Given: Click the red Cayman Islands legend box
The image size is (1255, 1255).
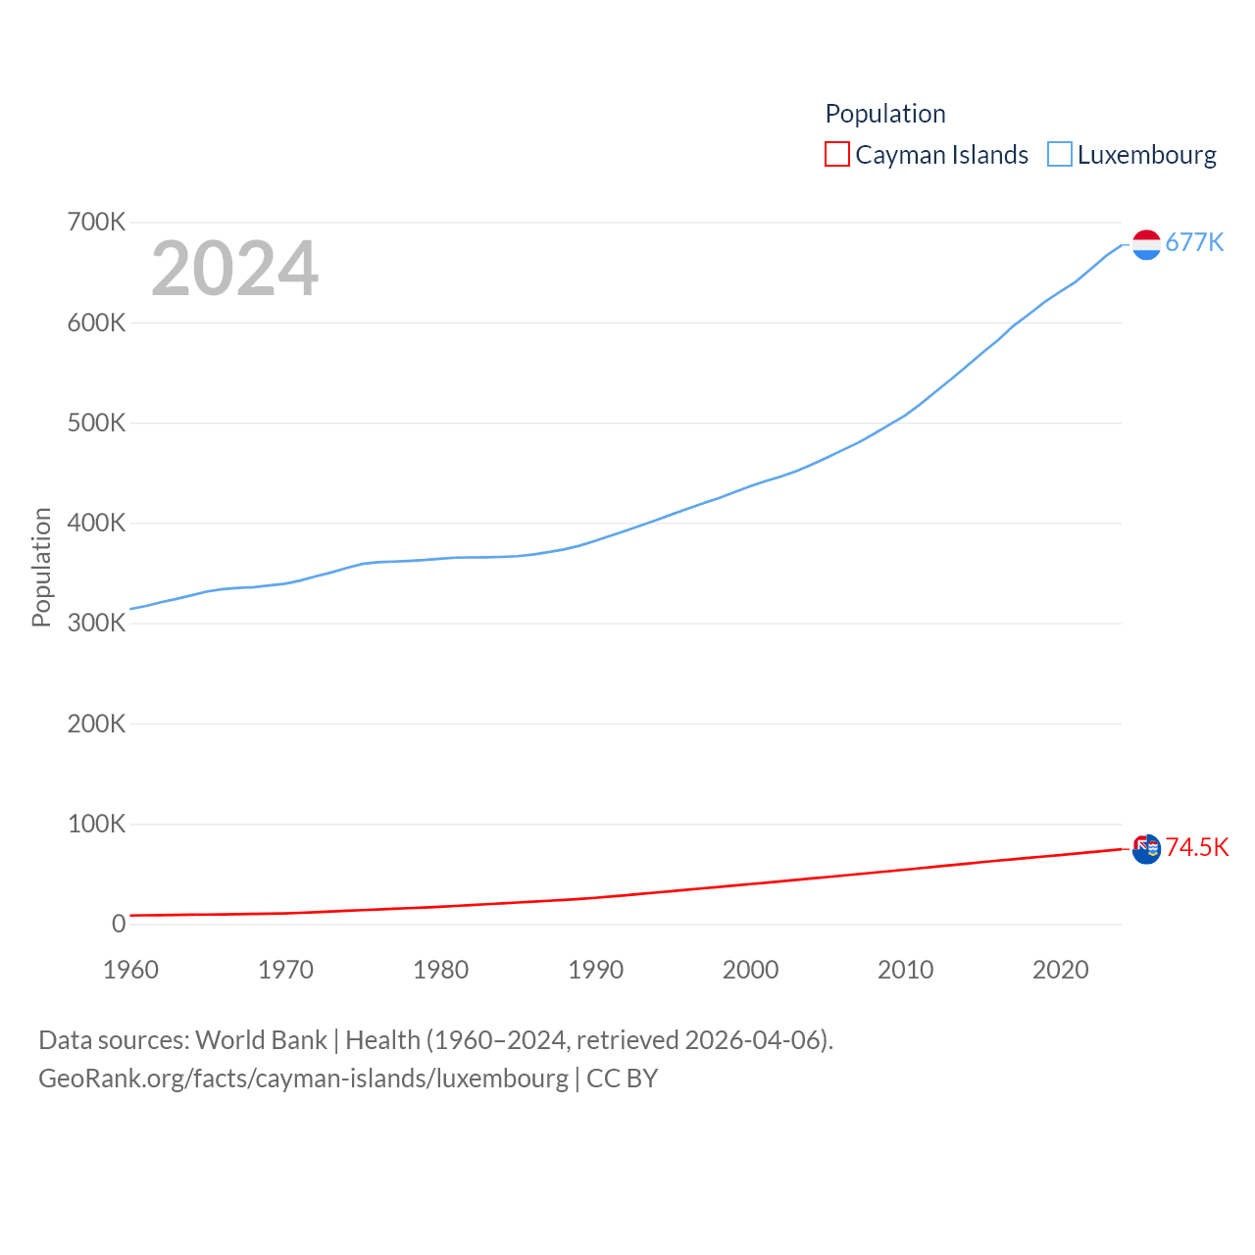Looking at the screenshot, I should pos(837,155).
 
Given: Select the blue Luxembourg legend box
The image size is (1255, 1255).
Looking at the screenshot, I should pos(1060,155).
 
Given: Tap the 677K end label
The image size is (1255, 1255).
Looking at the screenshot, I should pos(1194,242).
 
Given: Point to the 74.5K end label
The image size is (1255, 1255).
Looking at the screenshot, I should pos(1197,847).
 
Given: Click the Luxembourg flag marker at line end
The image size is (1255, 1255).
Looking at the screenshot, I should pos(1146,244).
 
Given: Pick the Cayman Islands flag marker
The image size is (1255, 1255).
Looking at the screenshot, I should pos(1146,849).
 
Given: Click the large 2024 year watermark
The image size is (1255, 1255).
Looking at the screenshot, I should pos(234,268).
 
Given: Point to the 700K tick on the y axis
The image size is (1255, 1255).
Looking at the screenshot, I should pos(96,222).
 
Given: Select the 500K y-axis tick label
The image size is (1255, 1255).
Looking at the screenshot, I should pos(96,423).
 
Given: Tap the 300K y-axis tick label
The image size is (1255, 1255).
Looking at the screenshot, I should pos(96,623).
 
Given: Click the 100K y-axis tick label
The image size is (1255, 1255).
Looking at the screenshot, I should pos(96,824).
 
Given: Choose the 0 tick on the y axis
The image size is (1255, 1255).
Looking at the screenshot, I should pos(119,924).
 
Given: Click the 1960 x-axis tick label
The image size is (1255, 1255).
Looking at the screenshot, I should pos(130,970).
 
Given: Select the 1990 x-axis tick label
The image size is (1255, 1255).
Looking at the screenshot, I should pos(595,970).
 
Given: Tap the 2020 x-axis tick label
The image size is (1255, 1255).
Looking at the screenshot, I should pos(1060,970).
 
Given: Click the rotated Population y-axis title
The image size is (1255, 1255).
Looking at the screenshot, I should pos(41,567).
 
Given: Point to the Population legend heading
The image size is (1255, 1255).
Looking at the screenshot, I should pos(885,114).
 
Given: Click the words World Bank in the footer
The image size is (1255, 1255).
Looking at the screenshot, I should pos(261,1040).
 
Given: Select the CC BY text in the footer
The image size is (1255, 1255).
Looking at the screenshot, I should pos(623,1079).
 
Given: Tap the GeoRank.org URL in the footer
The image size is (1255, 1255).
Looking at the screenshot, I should pos(303,1079).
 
